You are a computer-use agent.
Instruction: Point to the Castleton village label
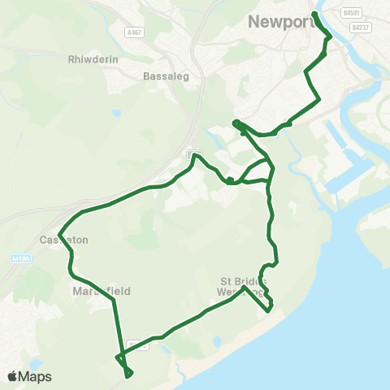(58, 240)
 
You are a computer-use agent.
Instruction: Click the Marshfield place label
(101, 290)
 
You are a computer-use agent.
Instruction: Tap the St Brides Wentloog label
(242, 286)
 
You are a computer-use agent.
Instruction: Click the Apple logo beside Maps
(12, 376)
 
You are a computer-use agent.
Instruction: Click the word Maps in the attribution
(35, 376)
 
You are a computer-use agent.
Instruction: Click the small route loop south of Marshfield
(127, 370)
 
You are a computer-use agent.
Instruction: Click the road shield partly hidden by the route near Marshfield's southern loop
(138, 344)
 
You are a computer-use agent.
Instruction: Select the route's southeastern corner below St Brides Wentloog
(269, 308)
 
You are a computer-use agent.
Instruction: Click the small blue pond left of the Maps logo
(33, 363)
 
